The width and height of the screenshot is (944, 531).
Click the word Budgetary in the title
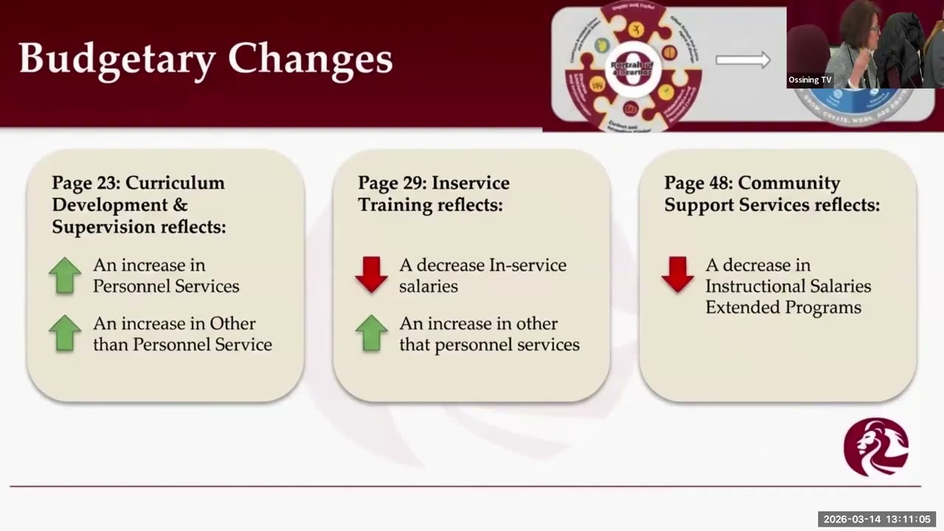tap(117, 59)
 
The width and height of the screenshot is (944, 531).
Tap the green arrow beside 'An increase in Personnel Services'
tap(65, 275)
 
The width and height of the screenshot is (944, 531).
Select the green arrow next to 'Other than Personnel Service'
tap(65, 333)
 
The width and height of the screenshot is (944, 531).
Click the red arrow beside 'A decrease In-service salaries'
tap(371, 275)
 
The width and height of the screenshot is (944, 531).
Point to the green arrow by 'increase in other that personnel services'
tap(371, 333)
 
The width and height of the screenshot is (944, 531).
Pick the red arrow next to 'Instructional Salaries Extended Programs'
tap(677, 275)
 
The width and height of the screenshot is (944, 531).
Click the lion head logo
tap(876, 447)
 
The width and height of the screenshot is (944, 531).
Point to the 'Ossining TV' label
tap(810, 80)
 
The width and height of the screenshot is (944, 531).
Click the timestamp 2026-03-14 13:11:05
tap(877, 519)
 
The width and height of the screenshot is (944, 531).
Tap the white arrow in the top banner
tap(743, 60)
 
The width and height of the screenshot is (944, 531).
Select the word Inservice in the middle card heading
tap(471, 183)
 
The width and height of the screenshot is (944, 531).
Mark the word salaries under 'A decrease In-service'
tap(428, 286)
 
